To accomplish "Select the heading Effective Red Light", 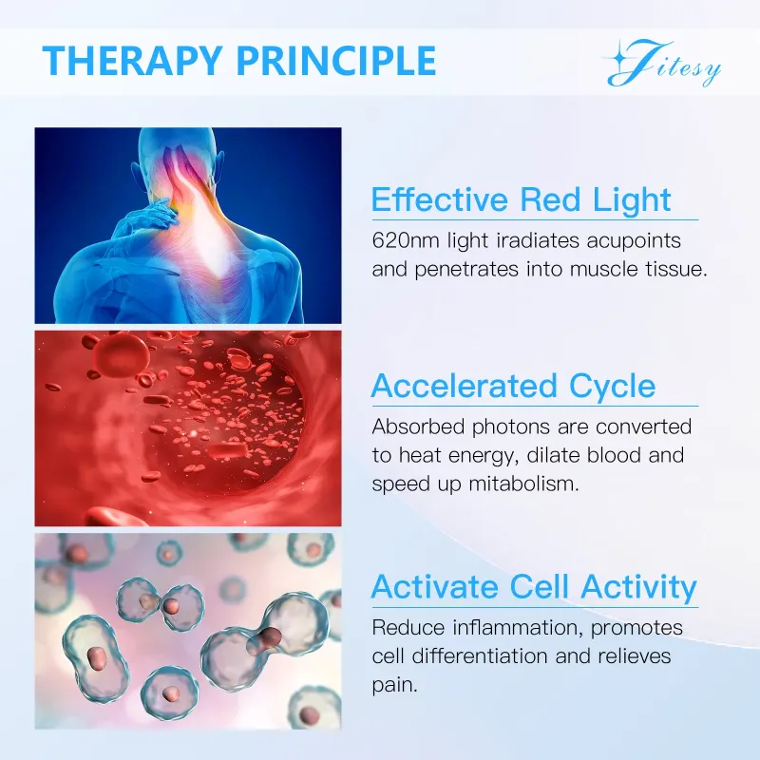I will (x=521, y=200).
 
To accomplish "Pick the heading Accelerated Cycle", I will (x=513, y=387).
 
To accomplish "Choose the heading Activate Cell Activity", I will (x=534, y=586).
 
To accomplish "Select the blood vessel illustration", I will (x=188, y=427).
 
